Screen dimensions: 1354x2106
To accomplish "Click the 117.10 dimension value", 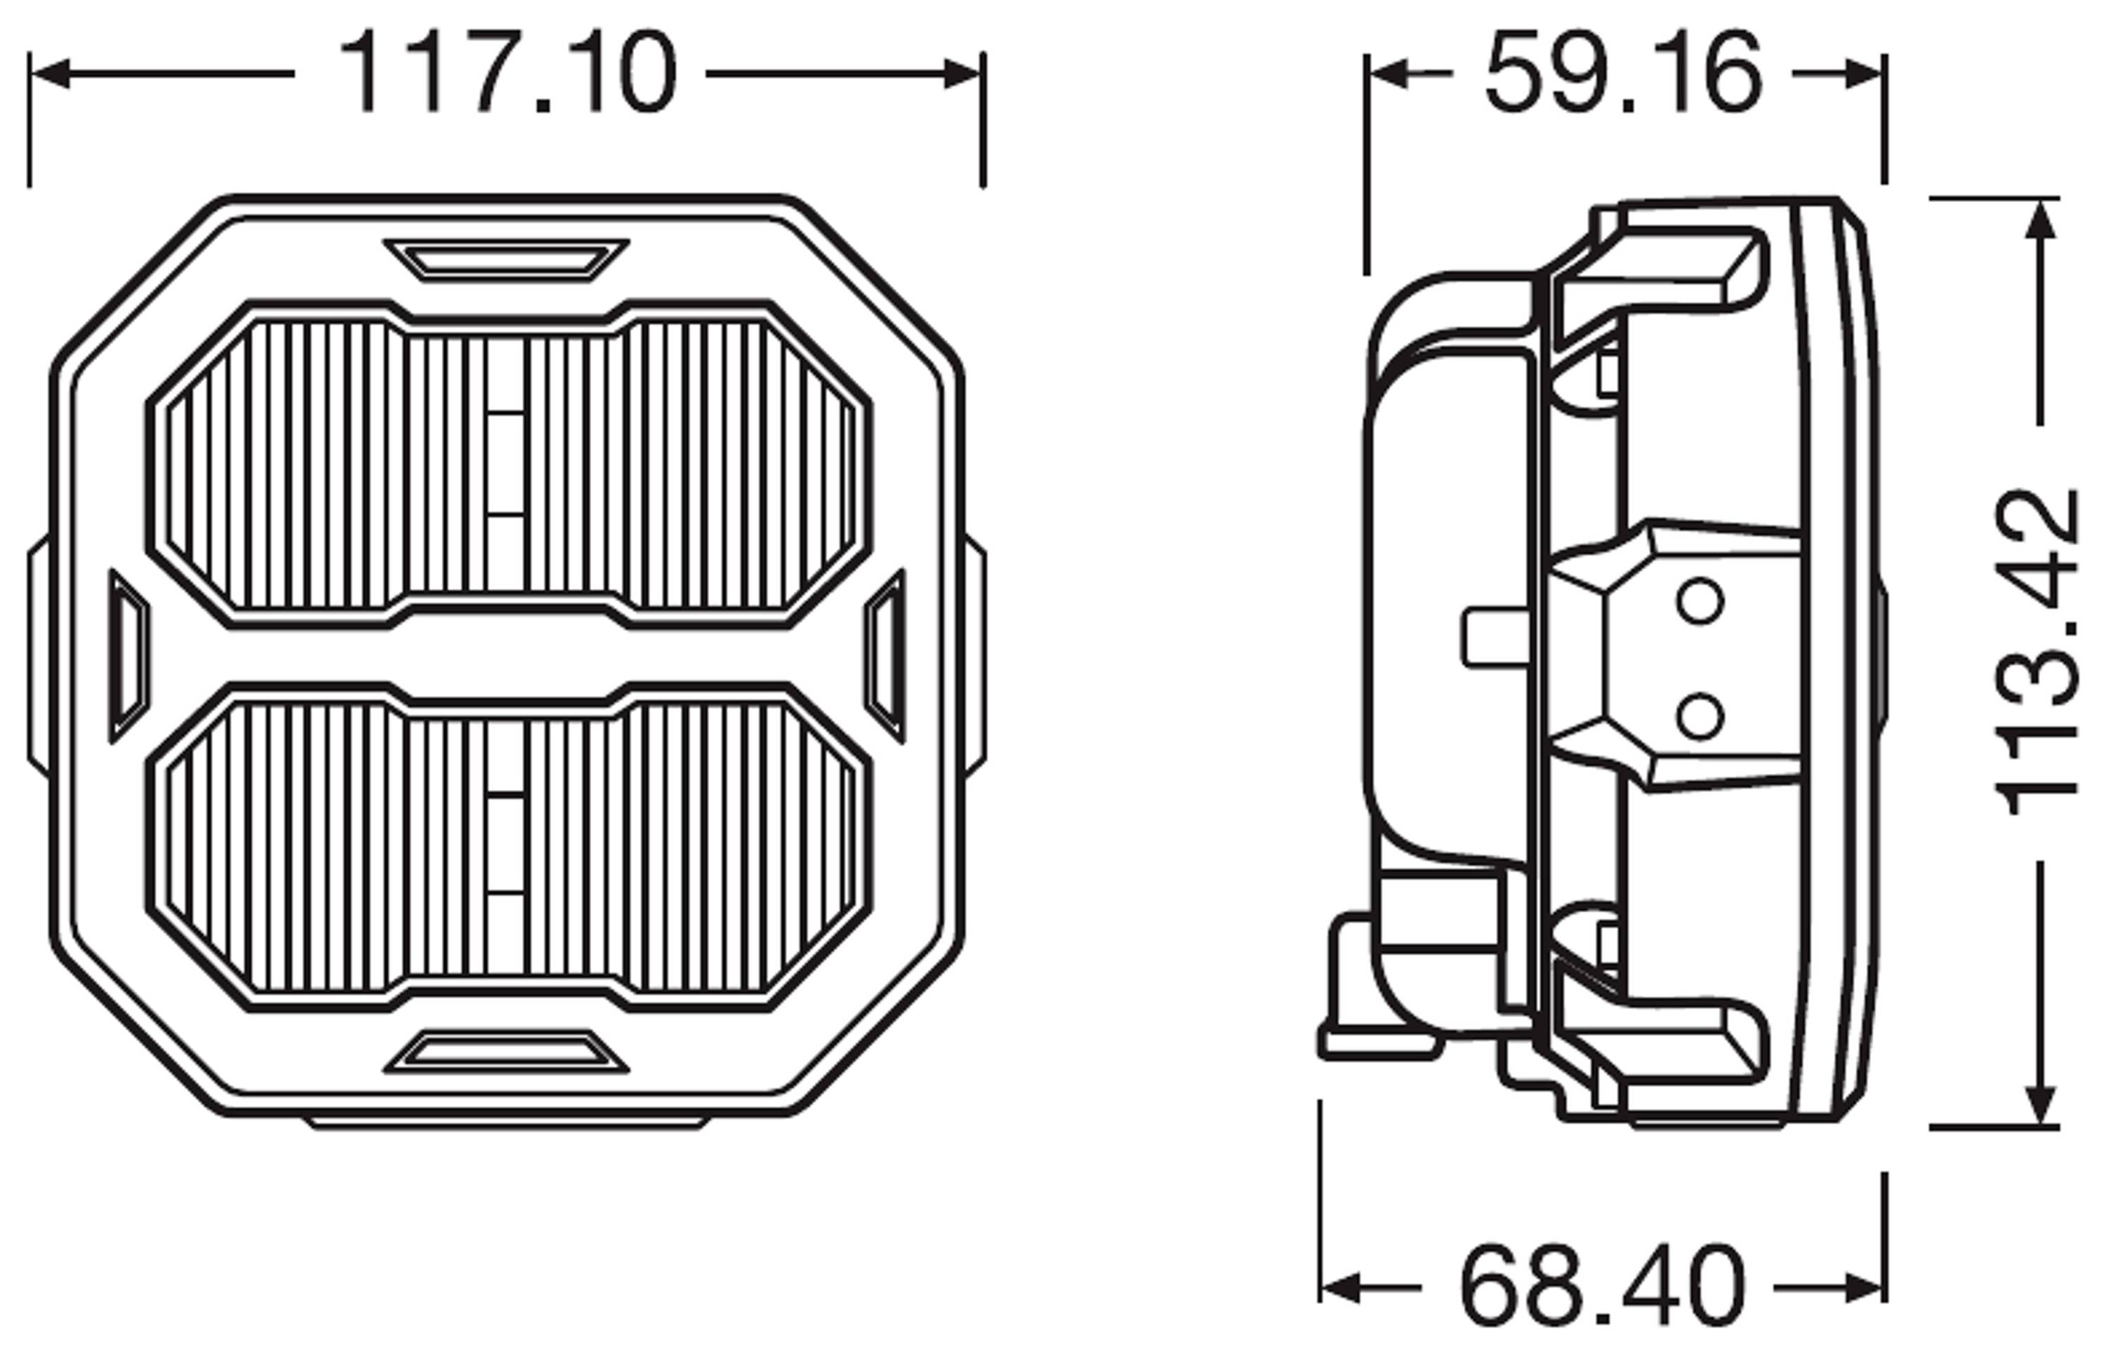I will click(508, 73).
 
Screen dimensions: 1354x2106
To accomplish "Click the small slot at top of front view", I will click(506, 260).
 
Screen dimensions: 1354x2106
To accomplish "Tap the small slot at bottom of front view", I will click(506, 1052).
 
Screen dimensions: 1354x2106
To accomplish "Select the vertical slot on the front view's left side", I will click(128, 656).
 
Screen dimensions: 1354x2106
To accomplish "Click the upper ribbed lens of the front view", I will click(508, 464).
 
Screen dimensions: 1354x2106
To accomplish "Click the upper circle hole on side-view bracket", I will click(1699, 602).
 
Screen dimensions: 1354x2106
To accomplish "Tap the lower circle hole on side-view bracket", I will click(1699, 716).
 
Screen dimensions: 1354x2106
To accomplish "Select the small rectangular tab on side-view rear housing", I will click(1495, 639).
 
